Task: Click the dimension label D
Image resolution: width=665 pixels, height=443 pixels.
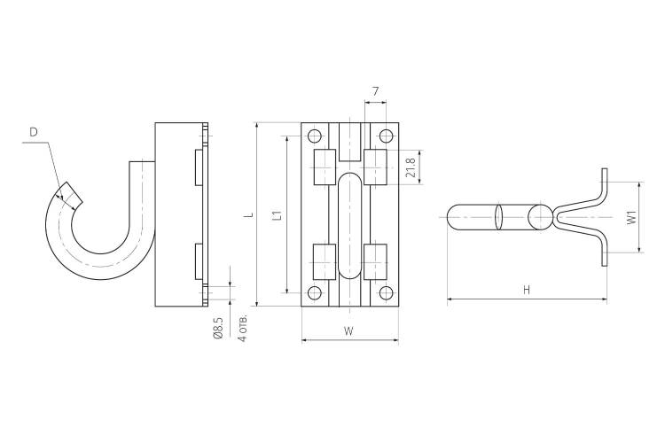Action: [34, 132]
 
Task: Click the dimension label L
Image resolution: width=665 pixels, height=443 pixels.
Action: [251, 214]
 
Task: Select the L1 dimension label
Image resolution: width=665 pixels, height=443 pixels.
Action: [278, 215]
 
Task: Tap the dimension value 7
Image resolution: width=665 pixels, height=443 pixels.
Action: [375, 91]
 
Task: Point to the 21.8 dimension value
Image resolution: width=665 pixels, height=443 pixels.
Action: [410, 167]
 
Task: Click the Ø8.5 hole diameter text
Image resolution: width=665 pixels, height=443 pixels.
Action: [218, 328]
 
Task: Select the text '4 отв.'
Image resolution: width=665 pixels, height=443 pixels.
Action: [242, 329]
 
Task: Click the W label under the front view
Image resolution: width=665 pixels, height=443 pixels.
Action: [348, 330]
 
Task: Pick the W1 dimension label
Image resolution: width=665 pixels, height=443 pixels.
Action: [632, 217]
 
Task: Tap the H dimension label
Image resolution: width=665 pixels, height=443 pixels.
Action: [527, 290]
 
